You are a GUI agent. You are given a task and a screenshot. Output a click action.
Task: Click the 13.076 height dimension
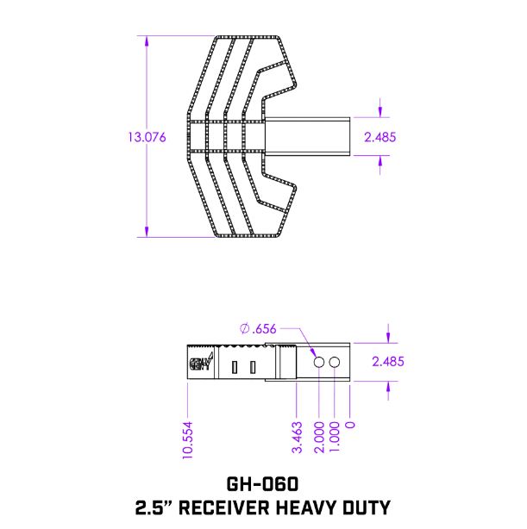(x=146, y=136)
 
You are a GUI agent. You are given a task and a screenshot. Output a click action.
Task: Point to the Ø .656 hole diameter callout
(x=258, y=328)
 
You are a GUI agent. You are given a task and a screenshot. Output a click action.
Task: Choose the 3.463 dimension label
(x=297, y=438)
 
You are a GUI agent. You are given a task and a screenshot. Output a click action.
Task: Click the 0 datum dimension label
(x=350, y=425)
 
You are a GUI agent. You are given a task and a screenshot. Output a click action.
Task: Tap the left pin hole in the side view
(x=319, y=363)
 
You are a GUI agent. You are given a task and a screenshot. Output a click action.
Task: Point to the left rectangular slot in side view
(x=235, y=368)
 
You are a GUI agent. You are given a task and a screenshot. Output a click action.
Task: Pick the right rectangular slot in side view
(x=253, y=368)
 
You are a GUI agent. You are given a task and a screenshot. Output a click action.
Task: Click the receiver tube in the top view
(x=311, y=136)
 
